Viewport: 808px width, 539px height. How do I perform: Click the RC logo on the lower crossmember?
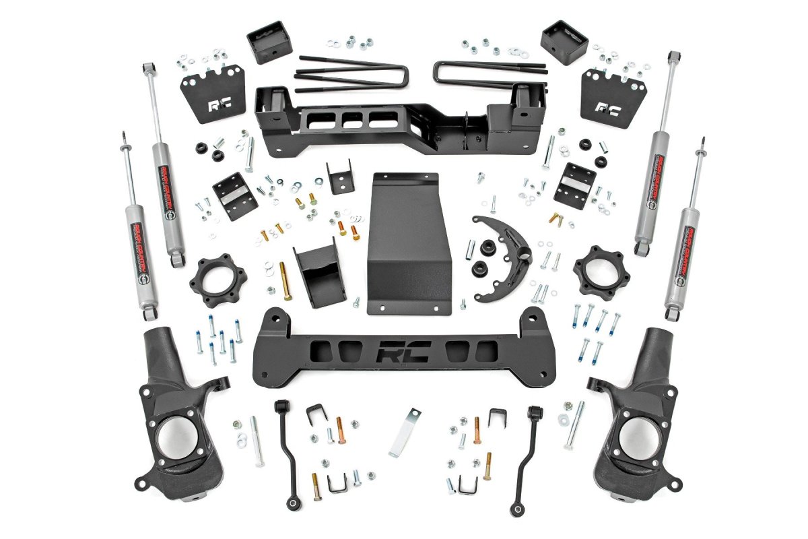[403, 353]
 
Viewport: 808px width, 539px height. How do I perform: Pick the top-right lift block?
[564, 42]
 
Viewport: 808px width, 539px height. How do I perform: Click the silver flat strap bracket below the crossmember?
[404, 431]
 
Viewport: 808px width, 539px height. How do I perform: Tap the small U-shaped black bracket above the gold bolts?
[339, 177]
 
